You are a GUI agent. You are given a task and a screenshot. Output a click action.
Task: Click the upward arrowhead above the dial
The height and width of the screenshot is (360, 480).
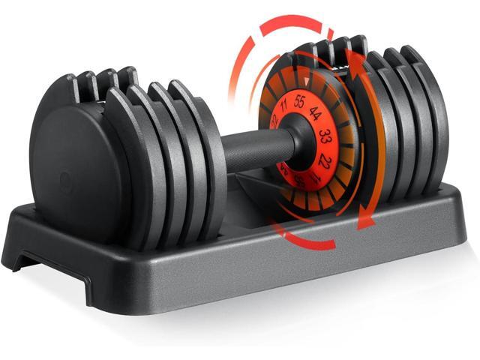[359, 55]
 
